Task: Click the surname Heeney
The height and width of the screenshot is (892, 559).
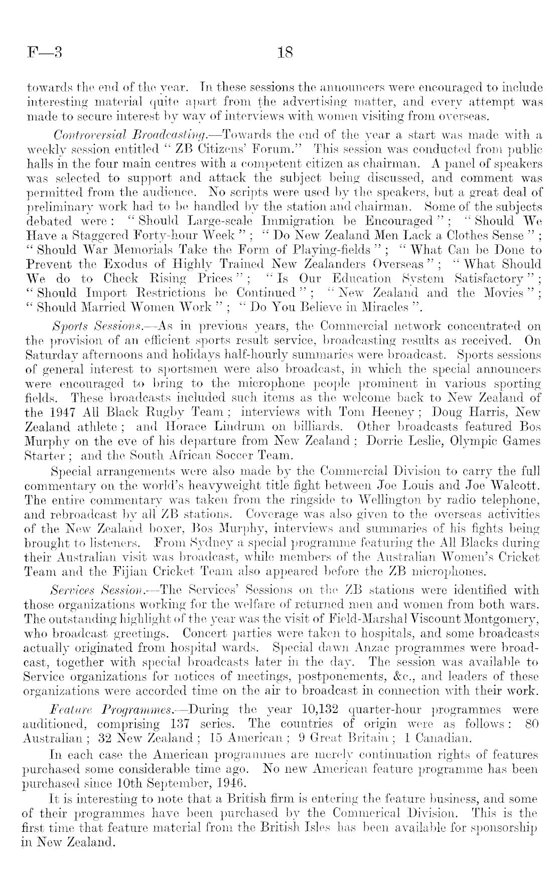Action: (x=390, y=412)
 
